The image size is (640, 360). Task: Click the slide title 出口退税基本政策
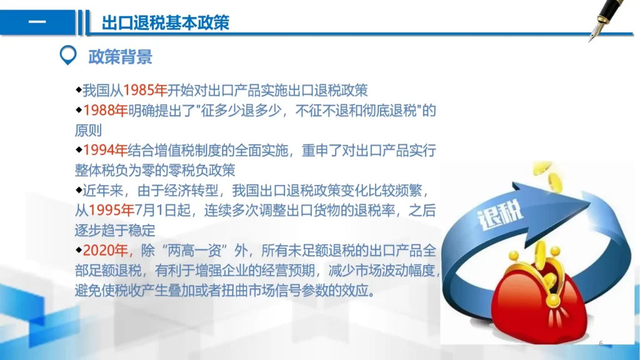(x=165, y=23)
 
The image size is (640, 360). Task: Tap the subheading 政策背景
(x=120, y=57)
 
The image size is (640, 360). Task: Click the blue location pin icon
(x=68, y=55)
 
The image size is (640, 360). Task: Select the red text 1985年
(x=145, y=90)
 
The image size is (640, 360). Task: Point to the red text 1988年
(x=105, y=111)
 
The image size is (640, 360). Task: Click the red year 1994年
(x=105, y=151)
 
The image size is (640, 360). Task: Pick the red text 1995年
(x=111, y=211)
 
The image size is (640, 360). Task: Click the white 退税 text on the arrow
(x=500, y=215)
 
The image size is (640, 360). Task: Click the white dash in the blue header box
(x=37, y=22)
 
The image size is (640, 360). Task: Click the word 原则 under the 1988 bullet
(x=88, y=131)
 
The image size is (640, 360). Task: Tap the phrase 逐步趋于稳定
(x=115, y=231)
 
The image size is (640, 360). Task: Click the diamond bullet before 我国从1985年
(x=79, y=89)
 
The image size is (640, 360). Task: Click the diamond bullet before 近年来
(x=79, y=189)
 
